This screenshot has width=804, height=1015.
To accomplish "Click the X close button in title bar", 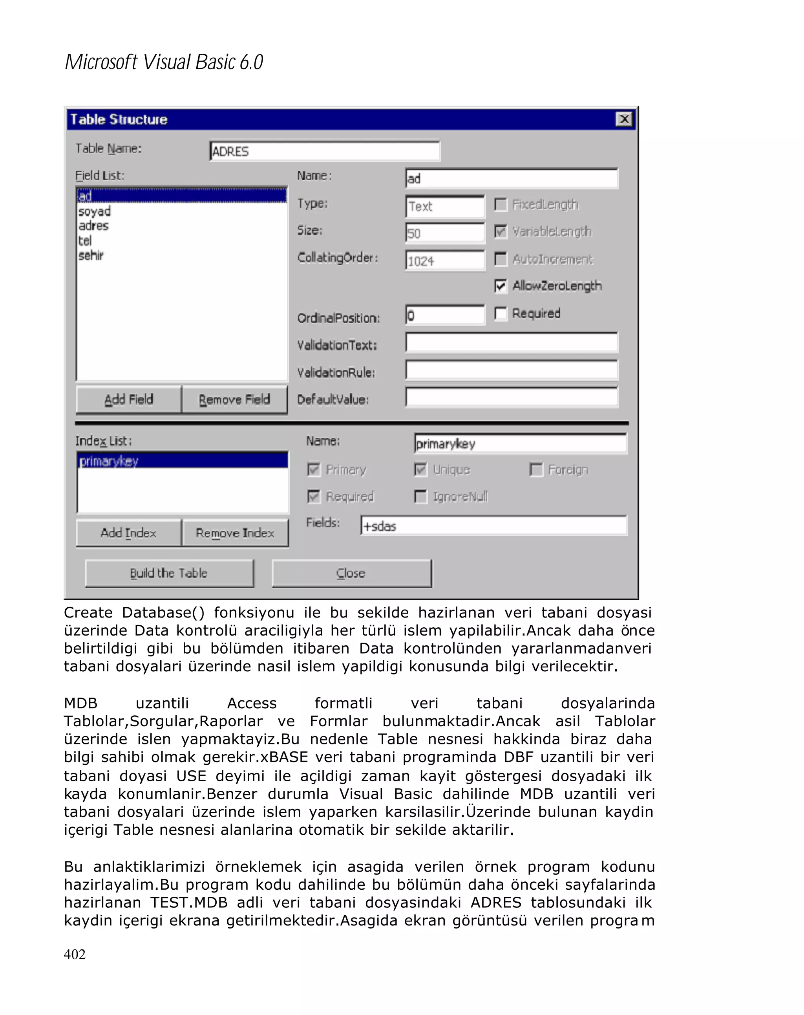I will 623,119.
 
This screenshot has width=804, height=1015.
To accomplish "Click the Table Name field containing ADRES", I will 324,151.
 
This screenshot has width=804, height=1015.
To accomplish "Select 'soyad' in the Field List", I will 95,211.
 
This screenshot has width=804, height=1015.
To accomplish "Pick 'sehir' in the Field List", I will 91,255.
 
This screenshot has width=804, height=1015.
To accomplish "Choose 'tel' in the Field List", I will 85,240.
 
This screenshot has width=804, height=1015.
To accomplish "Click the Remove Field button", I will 234,400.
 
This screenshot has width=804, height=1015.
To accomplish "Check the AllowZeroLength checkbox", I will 501,286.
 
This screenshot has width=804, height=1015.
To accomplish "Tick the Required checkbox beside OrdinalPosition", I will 501,313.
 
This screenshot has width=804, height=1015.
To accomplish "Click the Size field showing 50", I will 444,233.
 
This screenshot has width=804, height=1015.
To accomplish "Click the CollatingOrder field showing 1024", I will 444,260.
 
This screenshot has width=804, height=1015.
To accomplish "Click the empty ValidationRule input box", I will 511,370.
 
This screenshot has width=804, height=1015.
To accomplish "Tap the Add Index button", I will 128,533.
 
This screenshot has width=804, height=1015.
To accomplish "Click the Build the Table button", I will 169,573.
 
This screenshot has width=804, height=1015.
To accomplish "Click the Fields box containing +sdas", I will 493,526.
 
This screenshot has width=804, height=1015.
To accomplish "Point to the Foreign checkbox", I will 536,469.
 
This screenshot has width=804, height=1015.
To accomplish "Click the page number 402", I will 75,954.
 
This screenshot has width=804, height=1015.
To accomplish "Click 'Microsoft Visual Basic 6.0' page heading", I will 164,62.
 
